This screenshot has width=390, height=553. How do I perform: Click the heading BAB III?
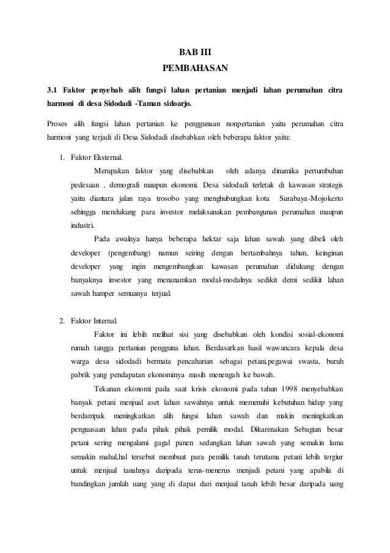(x=195, y=51)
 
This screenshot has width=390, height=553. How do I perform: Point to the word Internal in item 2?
(x=109, y=320)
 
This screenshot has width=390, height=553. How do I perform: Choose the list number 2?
(x=62, y=320)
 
